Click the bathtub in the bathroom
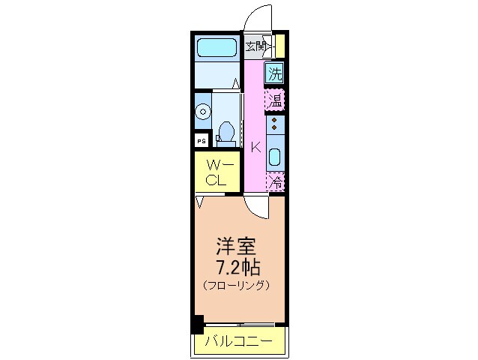pyautogui.click(x=217, y=49)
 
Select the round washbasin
pyautogui.click(x=202, y=112)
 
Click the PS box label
pyautogui.click(x=201, y=140)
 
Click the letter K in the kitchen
pyautogui.click(x=255, y=146)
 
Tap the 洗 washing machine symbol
pyautogui.click(x=276, y=73)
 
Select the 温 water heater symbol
pyautogui.click(x=276, y=100)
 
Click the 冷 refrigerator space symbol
pyautogui.click(x=276, y=181)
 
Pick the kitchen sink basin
pyautogui.click(x=275, y=157)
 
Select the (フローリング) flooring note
pyautogui.click(x=235, y=286)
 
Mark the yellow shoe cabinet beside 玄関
pyautogui.click(x=279, y=46)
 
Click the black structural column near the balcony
pyautogui.click(x=197, y=325)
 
